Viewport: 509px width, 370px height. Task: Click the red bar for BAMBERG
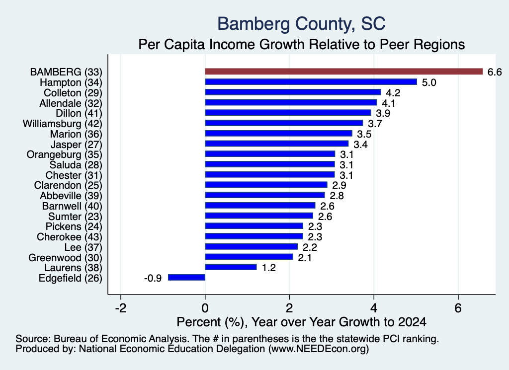point(344,72)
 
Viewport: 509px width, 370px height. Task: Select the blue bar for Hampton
point(311,82)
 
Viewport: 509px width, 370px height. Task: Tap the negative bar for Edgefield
point(187,277)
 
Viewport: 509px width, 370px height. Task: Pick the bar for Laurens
point(231,267)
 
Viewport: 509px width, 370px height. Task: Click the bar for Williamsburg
point(284,123)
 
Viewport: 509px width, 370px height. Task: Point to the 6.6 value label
point(495,72)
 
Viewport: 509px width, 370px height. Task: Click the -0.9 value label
point(153,278)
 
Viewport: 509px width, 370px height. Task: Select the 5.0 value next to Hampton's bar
point(429,82)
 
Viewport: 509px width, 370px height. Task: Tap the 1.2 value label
point(269,268)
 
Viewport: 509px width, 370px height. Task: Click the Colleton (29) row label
point(73,93)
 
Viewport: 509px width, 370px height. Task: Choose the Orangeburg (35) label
point(64,154)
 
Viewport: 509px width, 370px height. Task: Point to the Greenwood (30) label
point(65,257)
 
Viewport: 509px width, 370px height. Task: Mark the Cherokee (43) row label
point(70,237)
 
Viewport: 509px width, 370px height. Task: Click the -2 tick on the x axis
point(121,308)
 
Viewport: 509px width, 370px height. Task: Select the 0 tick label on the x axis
point(205,308)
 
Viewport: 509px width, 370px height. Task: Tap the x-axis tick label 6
point(458,308)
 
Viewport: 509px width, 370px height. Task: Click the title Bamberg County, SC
point(301,24)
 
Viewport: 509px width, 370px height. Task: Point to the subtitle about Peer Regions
point(302,44)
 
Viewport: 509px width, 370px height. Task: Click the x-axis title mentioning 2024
point(302,322)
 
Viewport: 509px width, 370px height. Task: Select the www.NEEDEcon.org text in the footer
point(319,349)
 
